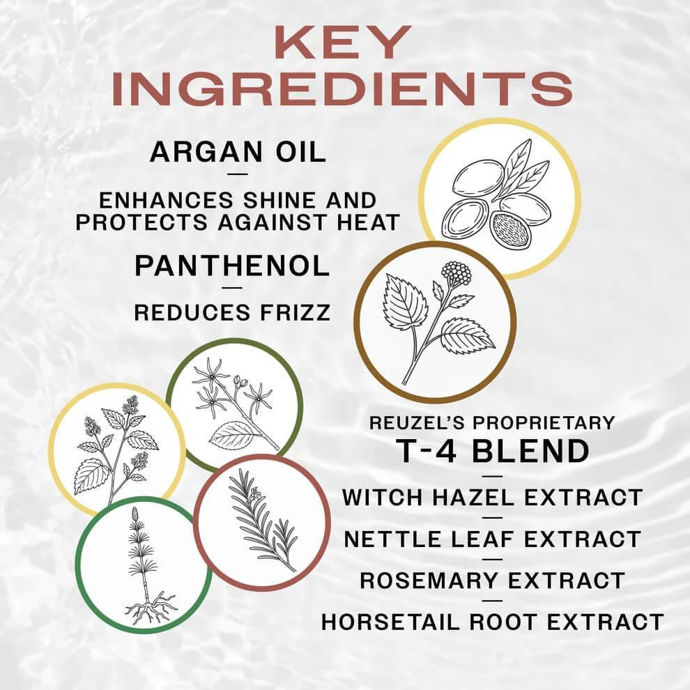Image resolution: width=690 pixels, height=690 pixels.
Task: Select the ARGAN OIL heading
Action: [x=238, y=152]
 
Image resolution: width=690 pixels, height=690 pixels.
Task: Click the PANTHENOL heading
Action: [x=232, y=266]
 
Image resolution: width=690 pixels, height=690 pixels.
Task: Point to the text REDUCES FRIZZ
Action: [x=232, y=313]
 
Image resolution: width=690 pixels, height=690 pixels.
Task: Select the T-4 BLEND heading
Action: [x=492, y=452]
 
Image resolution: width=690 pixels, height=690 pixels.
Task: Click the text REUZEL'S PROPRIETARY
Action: [x=492, y=423]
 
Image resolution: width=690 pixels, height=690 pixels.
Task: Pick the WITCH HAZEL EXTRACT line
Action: [x=492, y=498]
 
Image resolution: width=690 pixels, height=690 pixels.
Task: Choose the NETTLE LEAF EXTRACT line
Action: [x=492, y=539]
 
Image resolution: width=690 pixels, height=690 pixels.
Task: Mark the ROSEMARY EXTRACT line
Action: [x=492, y=580]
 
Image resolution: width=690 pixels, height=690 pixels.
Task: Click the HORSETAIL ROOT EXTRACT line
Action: [x=492, y=621]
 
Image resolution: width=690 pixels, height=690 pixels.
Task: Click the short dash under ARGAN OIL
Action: [x=238, y=175]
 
